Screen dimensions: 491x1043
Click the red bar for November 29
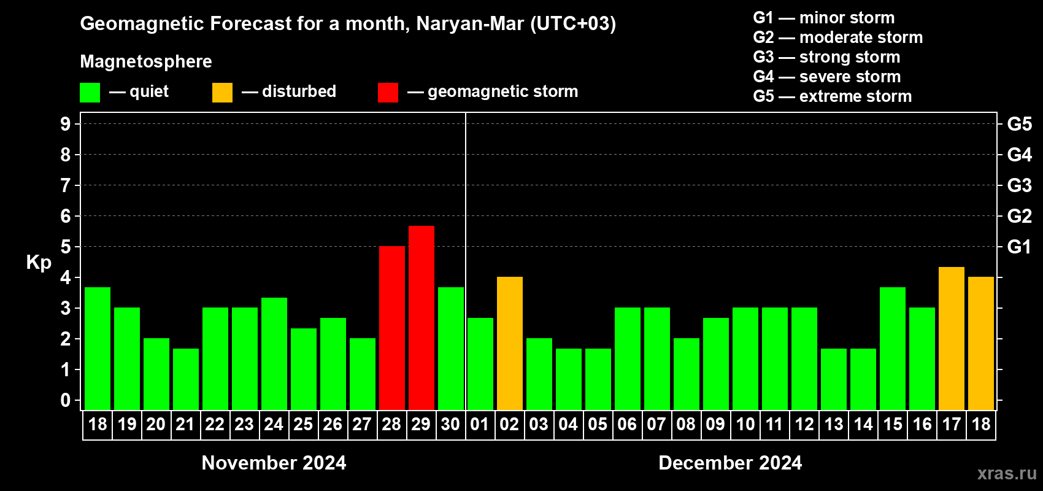(x=421, y=317)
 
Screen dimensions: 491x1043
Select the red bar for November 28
(x=392, y=328)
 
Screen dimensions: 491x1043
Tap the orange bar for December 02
(x=510, y=343)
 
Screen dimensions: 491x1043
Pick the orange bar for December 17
(x=952, y=338)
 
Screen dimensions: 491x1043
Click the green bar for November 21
(x=186, y=379)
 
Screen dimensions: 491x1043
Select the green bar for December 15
(x=893, y=348)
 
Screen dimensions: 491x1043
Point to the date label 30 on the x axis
(x=450, y=425)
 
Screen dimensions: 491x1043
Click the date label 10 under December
(x=745, y=425)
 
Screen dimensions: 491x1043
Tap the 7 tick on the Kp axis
(x=66, y=185)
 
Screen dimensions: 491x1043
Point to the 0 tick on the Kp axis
(x=66, y=401)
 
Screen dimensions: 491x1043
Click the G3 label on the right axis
(x=1019, y=185)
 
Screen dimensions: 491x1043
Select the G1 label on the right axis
(x=1019, y=247)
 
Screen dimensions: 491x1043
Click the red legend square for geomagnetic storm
(x=388, y=93)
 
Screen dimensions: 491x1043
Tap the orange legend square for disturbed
(x=222, y=93)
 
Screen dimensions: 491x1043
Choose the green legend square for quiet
(x=90, y=93)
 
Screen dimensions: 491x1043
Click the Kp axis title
(x=39, y=263)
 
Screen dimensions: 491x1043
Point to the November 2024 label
(x=274, y=463)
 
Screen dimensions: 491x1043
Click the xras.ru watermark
(x=1007, y=473)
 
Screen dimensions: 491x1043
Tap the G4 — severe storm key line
(x=827, y=77)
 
